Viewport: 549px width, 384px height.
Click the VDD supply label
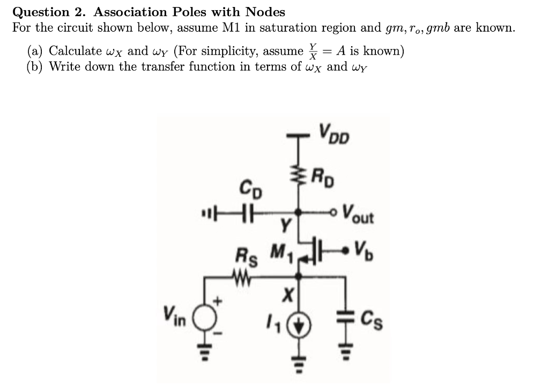333,135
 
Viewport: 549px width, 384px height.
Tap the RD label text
324,176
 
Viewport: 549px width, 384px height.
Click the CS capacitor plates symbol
344,317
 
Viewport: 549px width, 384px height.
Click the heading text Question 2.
41,12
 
